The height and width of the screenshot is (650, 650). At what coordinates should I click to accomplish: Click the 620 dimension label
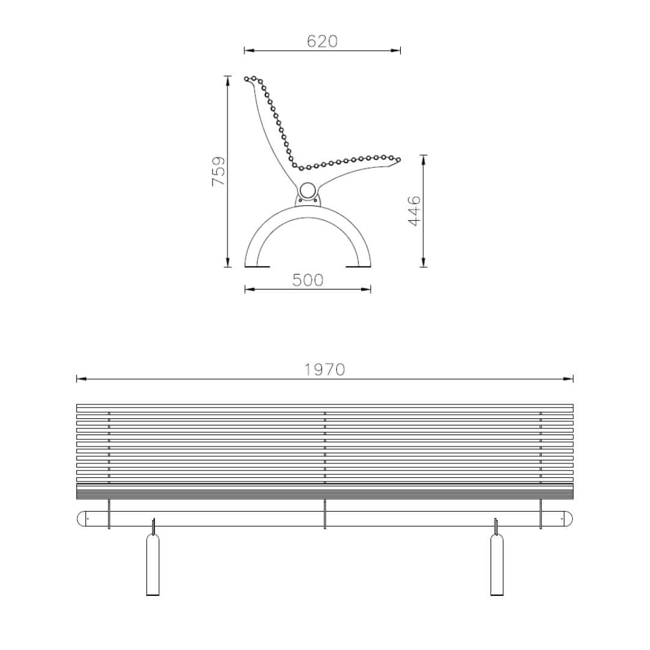pyautogui.click(x=322, y=41)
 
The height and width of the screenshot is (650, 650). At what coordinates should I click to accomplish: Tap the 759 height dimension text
pyautogui.click(x=218, y=171)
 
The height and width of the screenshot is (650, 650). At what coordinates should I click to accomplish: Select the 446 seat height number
pyautogui.click(x=415, y=211)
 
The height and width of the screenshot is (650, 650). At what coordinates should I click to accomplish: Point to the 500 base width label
pyautogui.click(x=308, y=280)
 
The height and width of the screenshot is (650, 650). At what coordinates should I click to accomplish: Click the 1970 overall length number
pyautogui.click(x=324, y=370)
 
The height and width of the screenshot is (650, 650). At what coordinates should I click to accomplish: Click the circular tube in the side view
pyautogui.click(x=308, y=191)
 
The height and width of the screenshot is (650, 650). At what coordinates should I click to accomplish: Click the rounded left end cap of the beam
pyautogui.click(x=82, y=519)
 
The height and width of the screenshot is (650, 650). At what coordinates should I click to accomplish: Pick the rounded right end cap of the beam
pyautogui.click(x=568, y=519)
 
